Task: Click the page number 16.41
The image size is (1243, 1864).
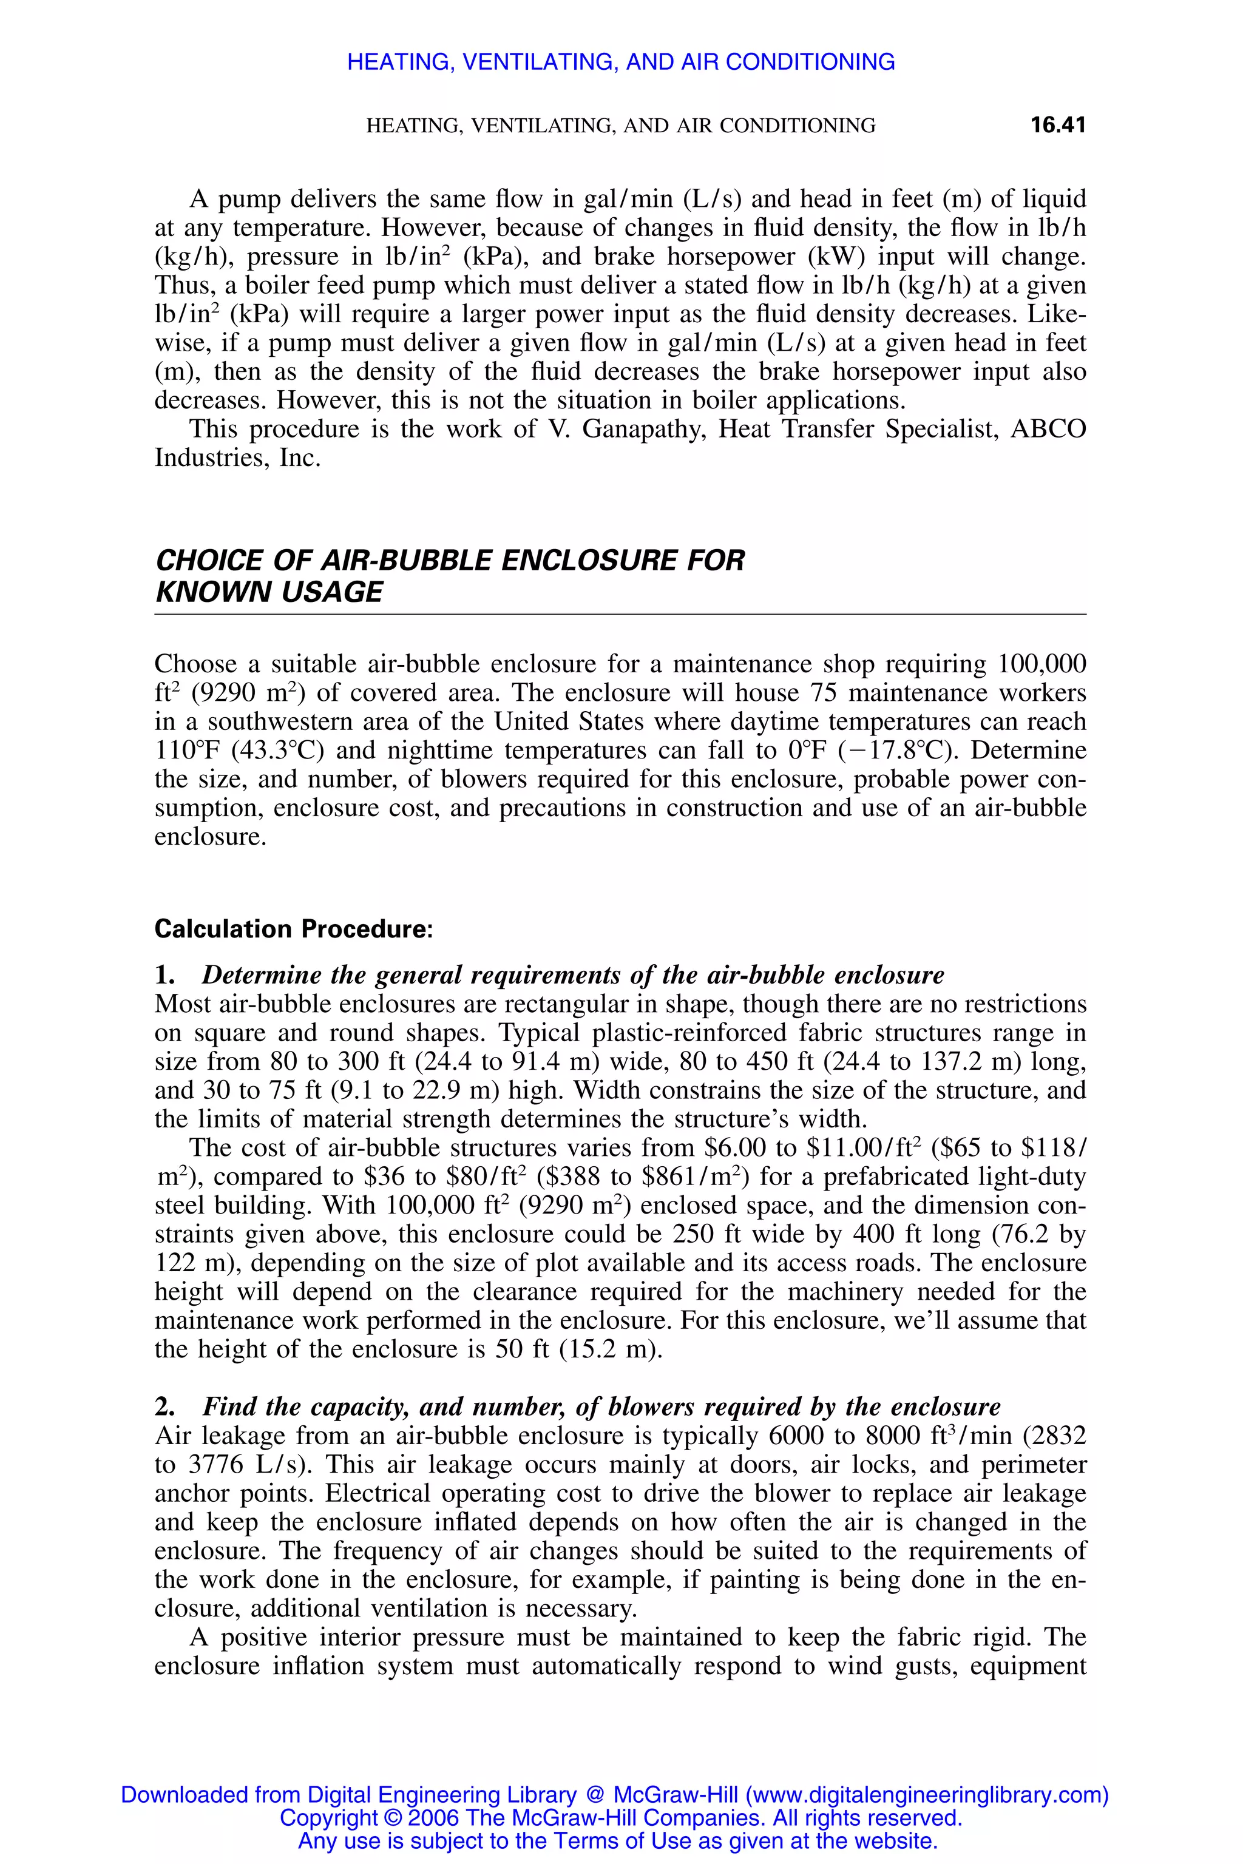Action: (1057, 125)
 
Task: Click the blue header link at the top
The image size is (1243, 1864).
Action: (621, 62)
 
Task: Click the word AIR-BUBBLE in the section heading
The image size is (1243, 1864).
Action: (407, 560)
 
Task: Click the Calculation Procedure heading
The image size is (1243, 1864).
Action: (293, 929)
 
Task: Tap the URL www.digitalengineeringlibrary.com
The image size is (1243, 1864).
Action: (927, 1795)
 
